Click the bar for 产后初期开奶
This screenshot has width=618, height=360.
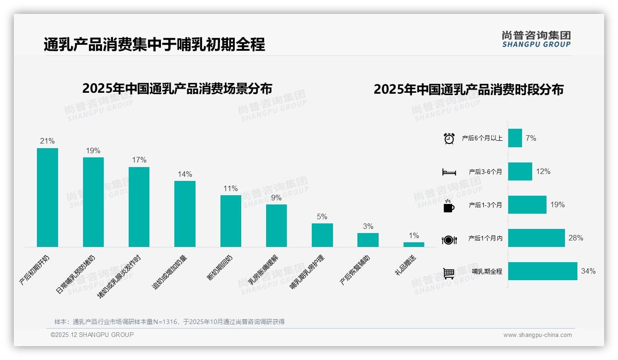(48, 198)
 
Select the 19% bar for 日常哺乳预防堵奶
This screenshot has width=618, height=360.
(93, 202)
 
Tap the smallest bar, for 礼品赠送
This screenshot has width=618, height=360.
(414, 245)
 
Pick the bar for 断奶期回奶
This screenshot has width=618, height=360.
(231, 221)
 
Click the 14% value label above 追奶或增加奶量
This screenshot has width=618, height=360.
(185, 174)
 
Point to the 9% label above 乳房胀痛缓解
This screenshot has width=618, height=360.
(276, 198)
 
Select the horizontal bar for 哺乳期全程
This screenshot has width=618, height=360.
(542, 271)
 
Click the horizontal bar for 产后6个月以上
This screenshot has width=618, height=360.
(515, 138)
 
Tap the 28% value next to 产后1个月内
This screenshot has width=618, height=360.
(576, 238)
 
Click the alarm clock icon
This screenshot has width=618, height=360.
(449, 138)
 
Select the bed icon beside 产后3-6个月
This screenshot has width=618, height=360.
(449, 172)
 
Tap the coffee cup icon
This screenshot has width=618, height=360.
(449, 206)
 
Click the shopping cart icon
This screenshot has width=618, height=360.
(449, 273)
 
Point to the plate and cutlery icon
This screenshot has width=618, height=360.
(449, 240)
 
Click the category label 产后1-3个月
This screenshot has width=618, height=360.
(485, 205)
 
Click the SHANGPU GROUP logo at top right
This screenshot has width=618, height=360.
(536, 39)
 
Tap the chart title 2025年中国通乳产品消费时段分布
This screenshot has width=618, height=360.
(469, 90)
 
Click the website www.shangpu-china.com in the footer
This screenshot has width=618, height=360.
(537, 335)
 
